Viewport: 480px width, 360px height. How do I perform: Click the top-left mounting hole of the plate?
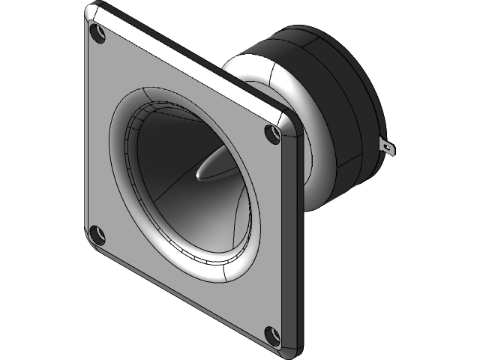[x=94, y=32]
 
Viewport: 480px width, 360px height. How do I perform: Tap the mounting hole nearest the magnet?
[x=273, y=134]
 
